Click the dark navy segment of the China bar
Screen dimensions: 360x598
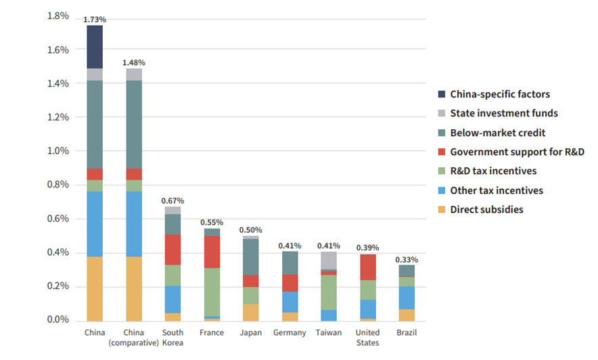coord(95,47)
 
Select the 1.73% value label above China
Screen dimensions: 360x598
coord(95,20)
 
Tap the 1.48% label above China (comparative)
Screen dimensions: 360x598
coord(134,62)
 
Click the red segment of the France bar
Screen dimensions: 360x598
coord(212,252)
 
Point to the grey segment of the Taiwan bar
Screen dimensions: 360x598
coord(329,260)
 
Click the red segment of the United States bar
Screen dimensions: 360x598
coord(368,267)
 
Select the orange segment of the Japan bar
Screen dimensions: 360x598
coord(251,312)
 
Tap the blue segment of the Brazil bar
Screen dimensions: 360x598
coord(407,298)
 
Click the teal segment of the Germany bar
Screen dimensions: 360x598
coord(290,263)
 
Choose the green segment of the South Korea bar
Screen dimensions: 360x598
coord(173,275)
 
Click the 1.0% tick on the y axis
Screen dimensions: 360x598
coord(57,151)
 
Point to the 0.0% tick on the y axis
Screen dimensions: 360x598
coord(57,320)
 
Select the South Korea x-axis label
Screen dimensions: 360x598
coord(173,338)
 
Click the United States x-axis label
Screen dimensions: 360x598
coord(368,338)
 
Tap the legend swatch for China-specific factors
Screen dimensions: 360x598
coord(442,95)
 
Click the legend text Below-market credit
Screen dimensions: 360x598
coord(497,133)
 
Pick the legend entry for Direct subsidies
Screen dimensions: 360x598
coord(486,210)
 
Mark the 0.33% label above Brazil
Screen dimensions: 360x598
coord(407,259)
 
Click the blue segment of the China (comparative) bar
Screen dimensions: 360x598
coord(134,224)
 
